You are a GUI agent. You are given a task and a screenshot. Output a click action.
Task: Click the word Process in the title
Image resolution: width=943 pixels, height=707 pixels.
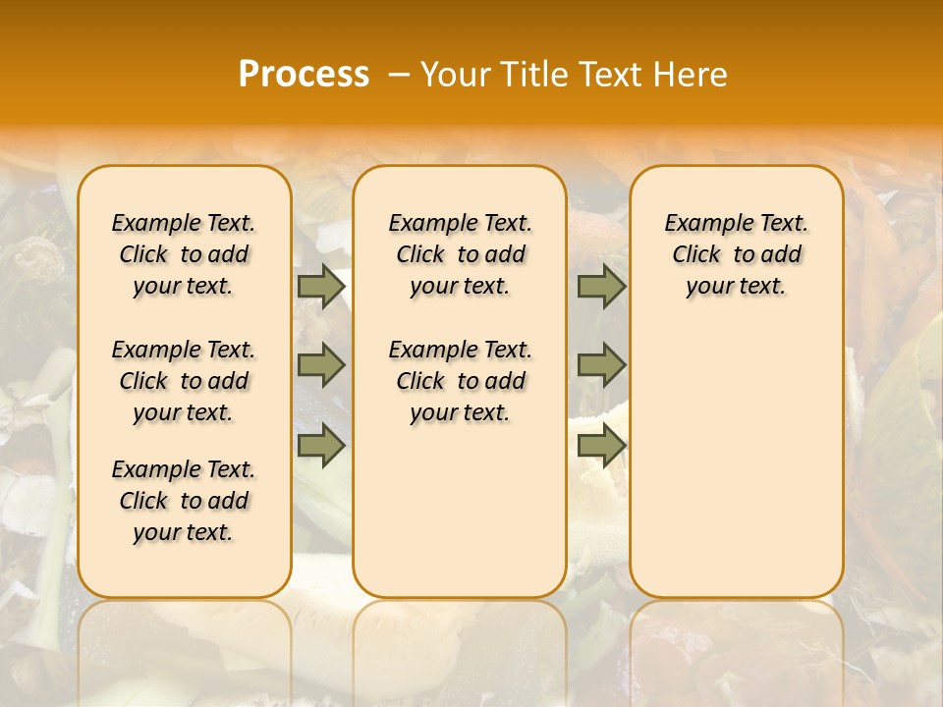[304, 75]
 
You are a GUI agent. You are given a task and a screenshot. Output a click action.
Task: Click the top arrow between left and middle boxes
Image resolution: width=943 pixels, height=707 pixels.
[321, 287]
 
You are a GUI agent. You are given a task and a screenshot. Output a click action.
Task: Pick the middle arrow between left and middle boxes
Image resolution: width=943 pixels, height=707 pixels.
[321, 366]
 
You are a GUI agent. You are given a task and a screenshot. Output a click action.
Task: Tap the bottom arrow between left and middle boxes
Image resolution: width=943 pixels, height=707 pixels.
[321, 446]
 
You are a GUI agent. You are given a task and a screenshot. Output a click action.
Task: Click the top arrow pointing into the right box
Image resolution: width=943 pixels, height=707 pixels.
[601, 287]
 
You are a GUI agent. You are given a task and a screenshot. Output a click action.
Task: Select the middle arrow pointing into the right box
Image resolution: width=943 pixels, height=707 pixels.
[601, 366]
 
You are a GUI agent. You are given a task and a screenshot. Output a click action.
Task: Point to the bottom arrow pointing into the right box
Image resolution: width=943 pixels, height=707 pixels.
[601, 446]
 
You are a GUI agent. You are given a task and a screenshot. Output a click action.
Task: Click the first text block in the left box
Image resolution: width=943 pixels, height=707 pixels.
[184, 254]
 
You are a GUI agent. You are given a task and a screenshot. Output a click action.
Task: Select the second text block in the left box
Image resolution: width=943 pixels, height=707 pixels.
[184, 381]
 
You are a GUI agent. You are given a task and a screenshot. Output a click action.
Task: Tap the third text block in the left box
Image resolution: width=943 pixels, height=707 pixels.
[184, 501]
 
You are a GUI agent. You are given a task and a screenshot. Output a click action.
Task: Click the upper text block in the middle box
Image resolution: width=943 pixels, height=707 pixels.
[460, 254]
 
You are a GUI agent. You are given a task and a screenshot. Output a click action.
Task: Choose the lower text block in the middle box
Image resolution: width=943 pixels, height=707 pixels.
[460, 381]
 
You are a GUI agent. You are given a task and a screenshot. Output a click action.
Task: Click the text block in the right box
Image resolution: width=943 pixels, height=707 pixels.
[736, 254]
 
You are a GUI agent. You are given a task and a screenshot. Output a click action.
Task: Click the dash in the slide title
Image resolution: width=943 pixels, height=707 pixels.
[398, 75]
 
